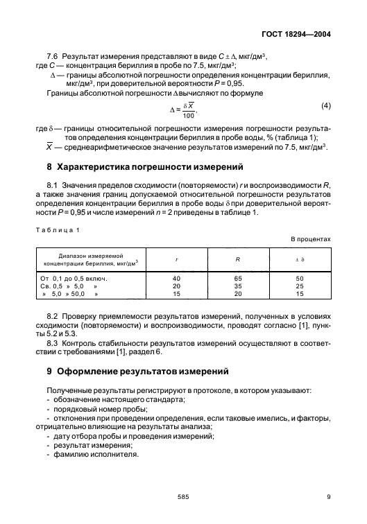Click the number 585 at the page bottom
click(x=183, y=496)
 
